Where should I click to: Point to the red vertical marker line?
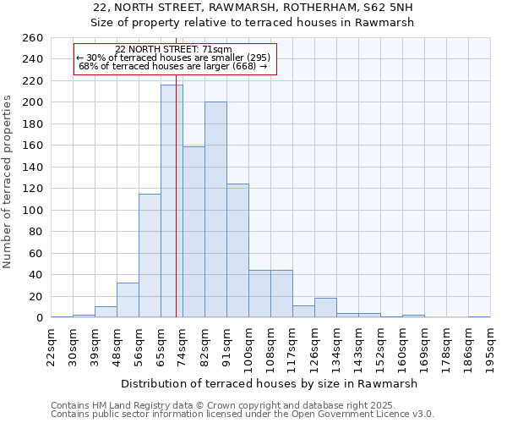click(x=176, y=169)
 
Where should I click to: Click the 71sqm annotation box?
click(x=175, y=58)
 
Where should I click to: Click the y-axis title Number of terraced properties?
click(x=8, y=182)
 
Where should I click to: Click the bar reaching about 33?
click(x=128, y=299)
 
